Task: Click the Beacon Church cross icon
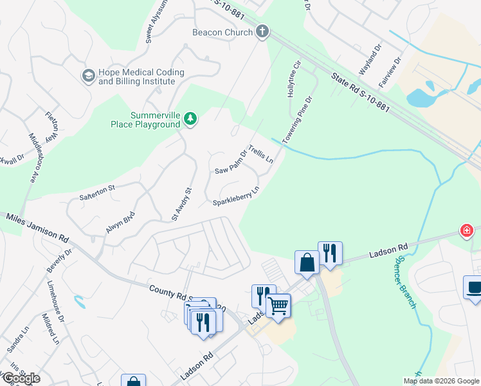(262, 32)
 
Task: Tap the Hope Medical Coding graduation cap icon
(87, 76)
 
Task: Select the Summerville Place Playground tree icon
(190, 118)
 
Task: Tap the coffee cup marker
(475, 288)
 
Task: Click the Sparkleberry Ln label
(236, 197)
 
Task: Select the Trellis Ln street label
(261, 154)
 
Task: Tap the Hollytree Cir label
(294, 79)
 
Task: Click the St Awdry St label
(182, 205)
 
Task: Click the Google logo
(21, 378)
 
